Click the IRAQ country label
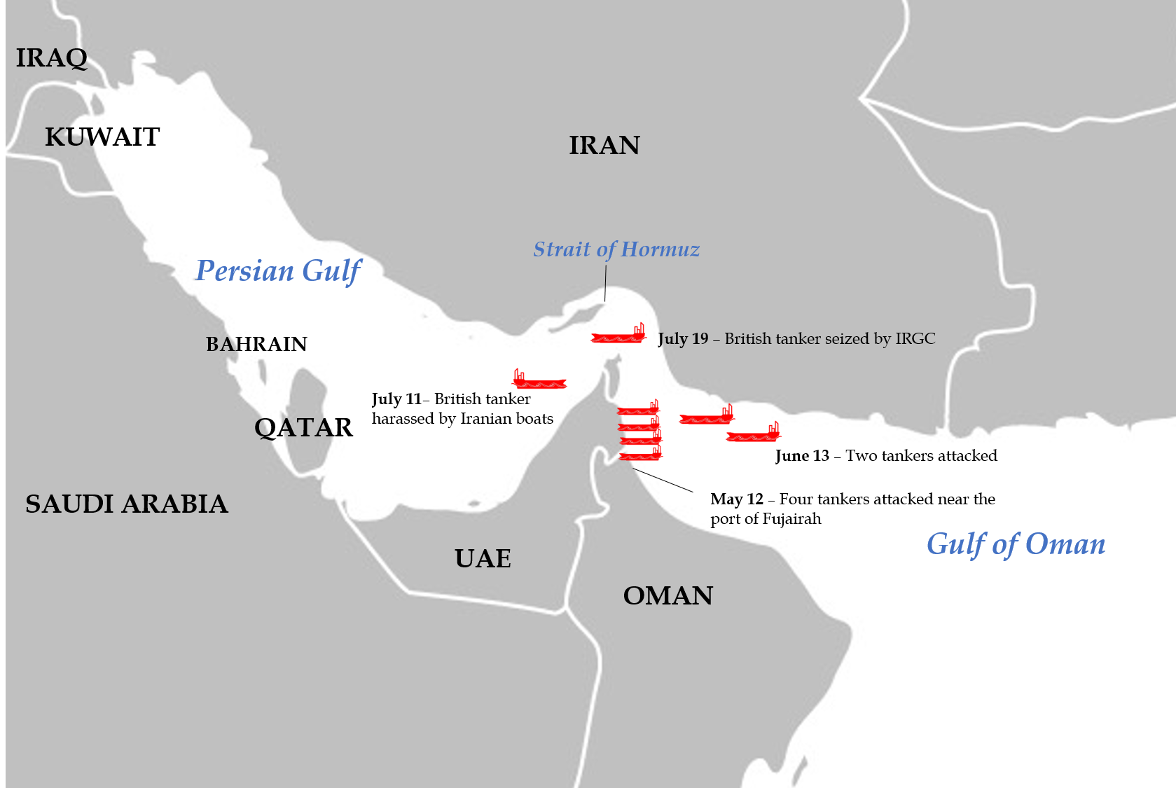pos(52,58)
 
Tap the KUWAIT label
pos(102,137)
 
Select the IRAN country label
pos(604,146)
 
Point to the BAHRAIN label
pos(256,344)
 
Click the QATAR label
pos(303,428)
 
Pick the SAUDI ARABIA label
pos(127,504)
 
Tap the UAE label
pos(483,559)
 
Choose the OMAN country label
pos(667,596)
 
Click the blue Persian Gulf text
pos(278,271)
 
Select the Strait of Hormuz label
pos(616,249)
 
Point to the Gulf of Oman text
pos(1016,544)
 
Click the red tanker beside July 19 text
pos(618,335)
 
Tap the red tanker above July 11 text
pos(539,380)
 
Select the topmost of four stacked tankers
pos(638,409)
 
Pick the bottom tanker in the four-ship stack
pos(640,455)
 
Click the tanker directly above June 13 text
pos(753,434)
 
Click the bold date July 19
pos(683,339)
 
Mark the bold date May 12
pos(736,499)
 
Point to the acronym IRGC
pos(915,339)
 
